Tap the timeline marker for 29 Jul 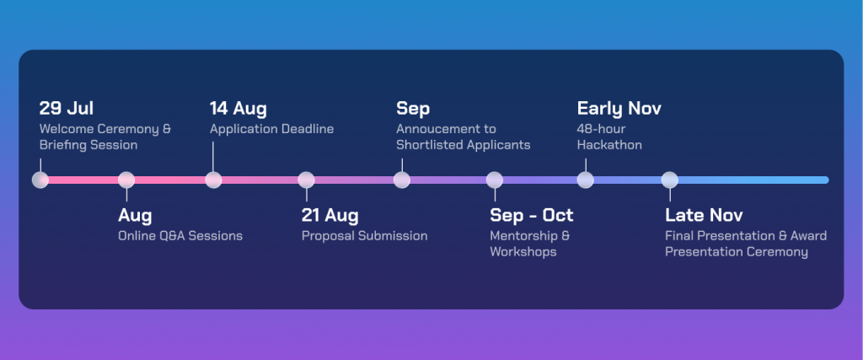coord(40,180)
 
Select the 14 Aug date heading coord(238,109)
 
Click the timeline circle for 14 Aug coord(213,180)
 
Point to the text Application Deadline coord(271,129)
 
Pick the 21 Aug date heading coord(330,215)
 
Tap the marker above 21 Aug coord(306,180)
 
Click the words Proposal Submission coord(364,236)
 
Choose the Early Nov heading coord(619,109)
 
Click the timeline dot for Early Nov coord(586,180)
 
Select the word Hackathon coord(609,145)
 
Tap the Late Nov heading coord(704,215)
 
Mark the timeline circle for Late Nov coord(670,180)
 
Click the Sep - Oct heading coord(532,215)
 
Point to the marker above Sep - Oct coord(494,180)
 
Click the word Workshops coord(523,252)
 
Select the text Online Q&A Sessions coord(180,236)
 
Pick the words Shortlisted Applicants coord(464,145)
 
